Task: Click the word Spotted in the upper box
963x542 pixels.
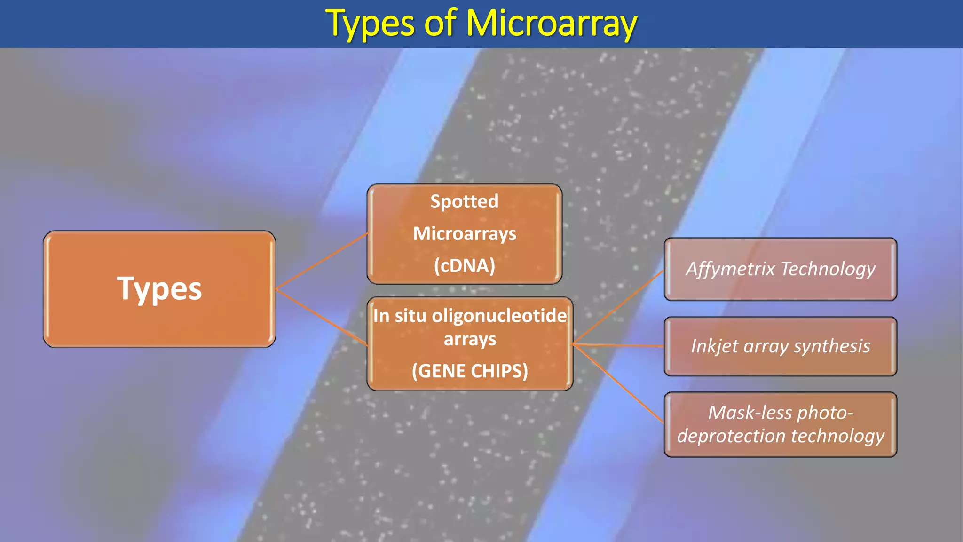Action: tap(464, 201)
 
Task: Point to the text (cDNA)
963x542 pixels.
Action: tap(464, 265)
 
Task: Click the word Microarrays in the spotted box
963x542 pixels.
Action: tap(464, 233)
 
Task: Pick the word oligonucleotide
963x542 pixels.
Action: tap(499, 315)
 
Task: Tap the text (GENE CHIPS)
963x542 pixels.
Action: tap(470, 371)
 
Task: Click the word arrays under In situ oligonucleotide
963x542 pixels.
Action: tap(470, 339)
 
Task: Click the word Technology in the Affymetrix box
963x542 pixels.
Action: tap(828, 269)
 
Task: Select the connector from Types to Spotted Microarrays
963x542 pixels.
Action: tap(322, 261)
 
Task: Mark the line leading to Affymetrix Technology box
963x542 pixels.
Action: tap(619, 307)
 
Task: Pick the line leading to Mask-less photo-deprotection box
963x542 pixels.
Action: tap(619, 383)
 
